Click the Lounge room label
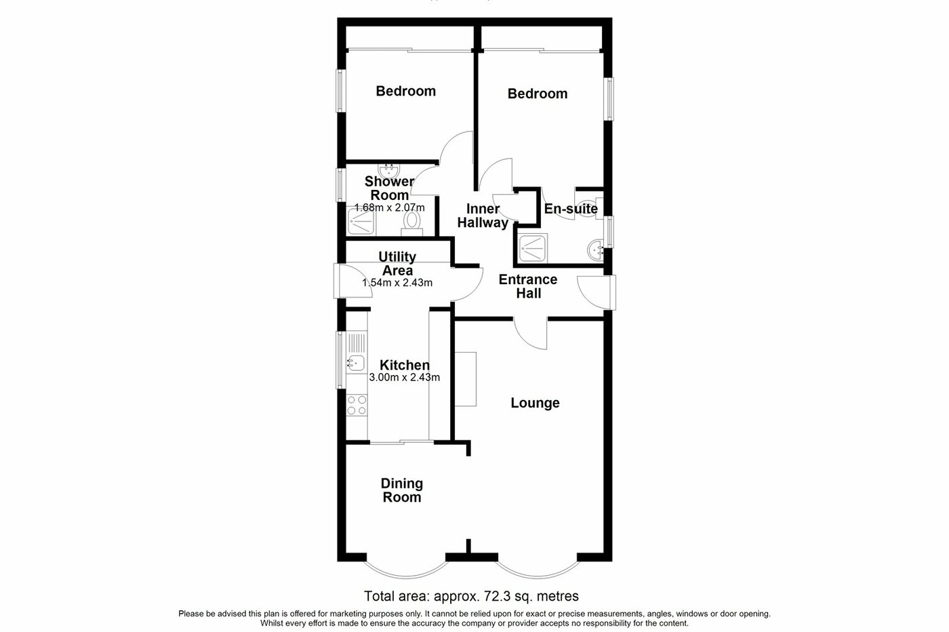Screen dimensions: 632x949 pyautogui.click(x=535, y=403)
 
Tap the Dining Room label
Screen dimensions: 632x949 pyautogui.click(x=402, y=490)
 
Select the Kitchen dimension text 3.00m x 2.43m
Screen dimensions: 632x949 pyautogui.click(x=405, y=378)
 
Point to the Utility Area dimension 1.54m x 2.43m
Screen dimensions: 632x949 pyautogui.click(x=397, y=283)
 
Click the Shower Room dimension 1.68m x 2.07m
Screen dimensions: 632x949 pyautogui.click(x=390, y=208)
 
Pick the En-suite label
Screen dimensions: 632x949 pyautogui.click(x=571, y=209)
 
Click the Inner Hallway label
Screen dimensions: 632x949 pyautogui.click(x=482, y=216)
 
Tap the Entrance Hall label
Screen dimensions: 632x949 pyautogui.click(x=528, y=286)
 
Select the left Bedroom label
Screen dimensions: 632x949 pyautogui.click(x=406, y=91)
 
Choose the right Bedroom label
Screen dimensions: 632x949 pyautogui.click(x=538, y=94)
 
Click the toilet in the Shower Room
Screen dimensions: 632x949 pyautogui.click(x=411, y=222)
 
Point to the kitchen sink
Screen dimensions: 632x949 pyautogui.click(x=356, y=363)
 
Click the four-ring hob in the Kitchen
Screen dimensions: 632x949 pyautogui.click(x=357, y=405)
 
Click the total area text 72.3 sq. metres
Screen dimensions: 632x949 pyautogui.click(x=471, y=597)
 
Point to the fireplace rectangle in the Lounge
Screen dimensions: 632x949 pyautogui.click(x=466, y=379)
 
